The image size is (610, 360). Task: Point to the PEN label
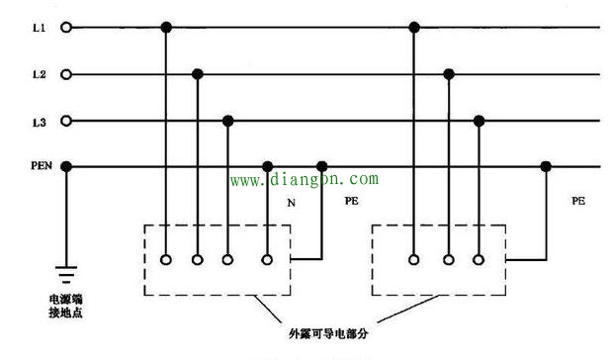41,166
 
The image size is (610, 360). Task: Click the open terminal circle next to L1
67,28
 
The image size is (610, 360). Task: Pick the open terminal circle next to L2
67,74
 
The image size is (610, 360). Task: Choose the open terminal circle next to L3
67,121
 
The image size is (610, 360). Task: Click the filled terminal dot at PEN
67,166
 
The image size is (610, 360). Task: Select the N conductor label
291,202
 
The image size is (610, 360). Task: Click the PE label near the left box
351,201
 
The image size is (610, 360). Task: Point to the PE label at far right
577,201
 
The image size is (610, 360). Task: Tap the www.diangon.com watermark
305,180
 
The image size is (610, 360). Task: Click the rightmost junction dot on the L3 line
479,121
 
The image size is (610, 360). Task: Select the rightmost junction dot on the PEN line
545,166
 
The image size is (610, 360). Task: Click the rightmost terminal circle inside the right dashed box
479,260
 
